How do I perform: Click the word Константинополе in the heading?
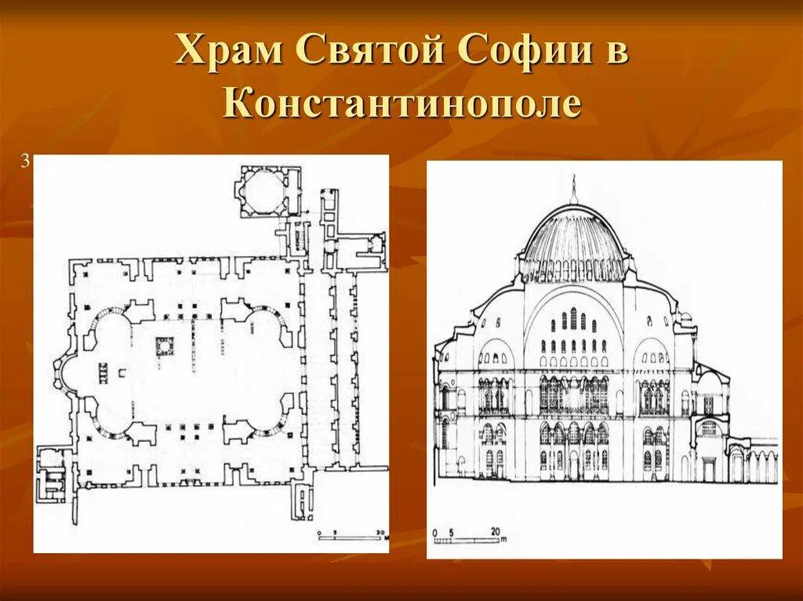[x=401, y=104]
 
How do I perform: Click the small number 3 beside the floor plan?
[x=25, y=162]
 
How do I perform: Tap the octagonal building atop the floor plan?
[x=260, y=189]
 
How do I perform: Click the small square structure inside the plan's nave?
[x=164, y=346]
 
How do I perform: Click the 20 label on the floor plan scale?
[x=380, y=533]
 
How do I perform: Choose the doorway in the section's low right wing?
[x=709, y=469]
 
